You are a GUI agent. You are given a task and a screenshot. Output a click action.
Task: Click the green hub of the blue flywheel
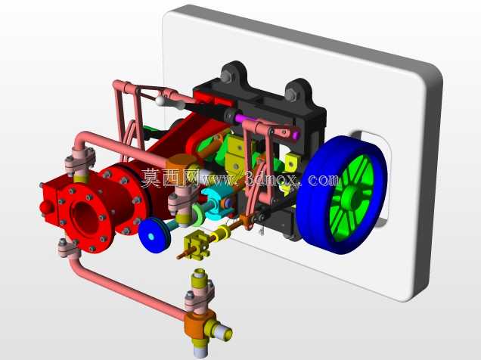click(352, 197)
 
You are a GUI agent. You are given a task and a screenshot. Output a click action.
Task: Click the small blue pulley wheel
click(154, 235)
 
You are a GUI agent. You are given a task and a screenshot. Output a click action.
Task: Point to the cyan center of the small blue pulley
click(151, 237)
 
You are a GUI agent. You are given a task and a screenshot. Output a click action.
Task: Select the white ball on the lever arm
click(160, 101)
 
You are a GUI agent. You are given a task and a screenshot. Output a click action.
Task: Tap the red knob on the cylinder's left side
click(47, 207)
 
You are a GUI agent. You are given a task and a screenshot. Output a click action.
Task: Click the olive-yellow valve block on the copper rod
click(197, 245)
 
